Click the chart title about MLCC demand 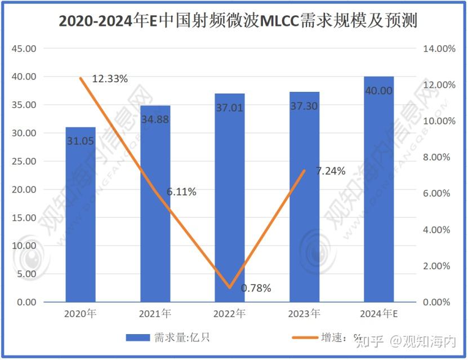pyautogui.click(x=234, y=21)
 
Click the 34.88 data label pyautogui.click(x=155, y=119)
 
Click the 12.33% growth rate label pyautogui.click(x=110, y=79)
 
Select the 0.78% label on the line pyautogui.click(x=256, y=288)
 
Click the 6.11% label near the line pyautogui.click(x=181, y=192)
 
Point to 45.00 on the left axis pyautogui.click(x=24, y=48)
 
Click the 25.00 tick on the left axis pyautogui.click(x=24, y=161)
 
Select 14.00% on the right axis pyautogui.click(x=439, y=48)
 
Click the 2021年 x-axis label pyautogui.click(x=155, y=313)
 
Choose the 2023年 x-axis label pyautogui.click(x=304, y=313)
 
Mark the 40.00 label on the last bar pyautogui.click(x=378, y=91)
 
